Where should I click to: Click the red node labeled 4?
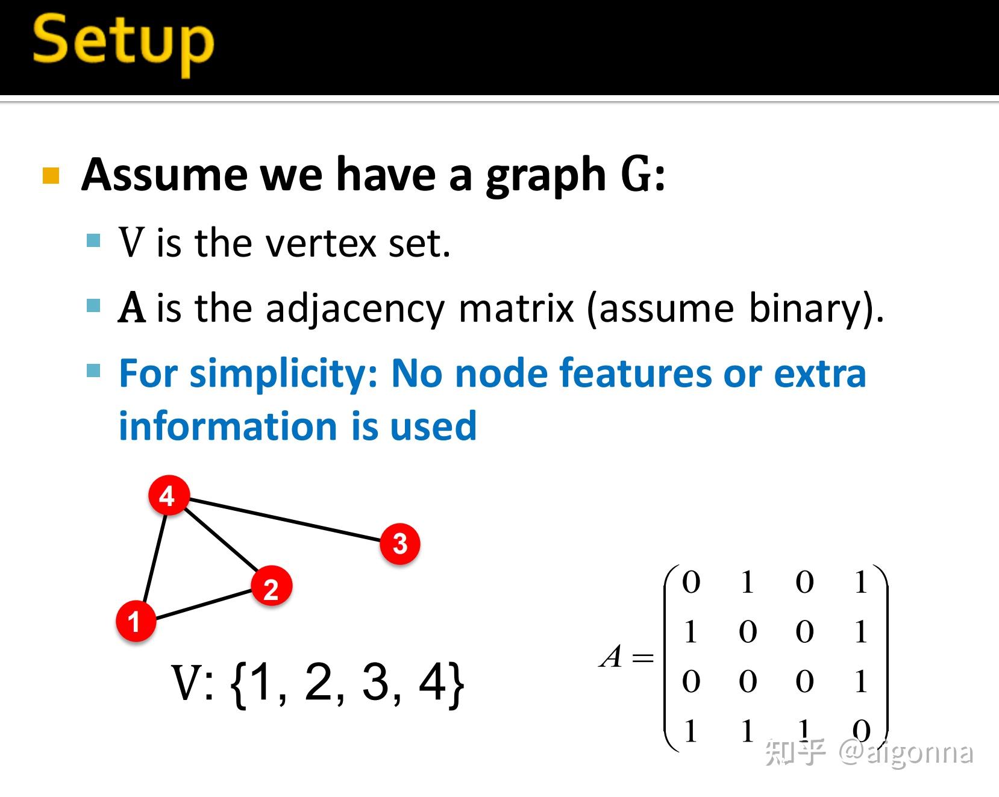click(169, 495)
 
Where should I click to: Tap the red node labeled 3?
click(399, 543)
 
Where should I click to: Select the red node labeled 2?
click(271, 587)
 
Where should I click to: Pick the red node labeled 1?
click(136, 621)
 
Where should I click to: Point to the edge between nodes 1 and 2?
click(204, 604)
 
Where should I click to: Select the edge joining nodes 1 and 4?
click(154, 557)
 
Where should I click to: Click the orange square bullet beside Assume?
click(51, 176)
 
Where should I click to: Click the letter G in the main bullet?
click(634, 175)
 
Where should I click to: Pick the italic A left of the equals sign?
click(611, 656)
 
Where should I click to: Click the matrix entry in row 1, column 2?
click(747, 582)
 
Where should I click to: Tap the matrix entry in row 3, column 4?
click(860, 681)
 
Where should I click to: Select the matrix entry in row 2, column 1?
click(691, 632)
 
